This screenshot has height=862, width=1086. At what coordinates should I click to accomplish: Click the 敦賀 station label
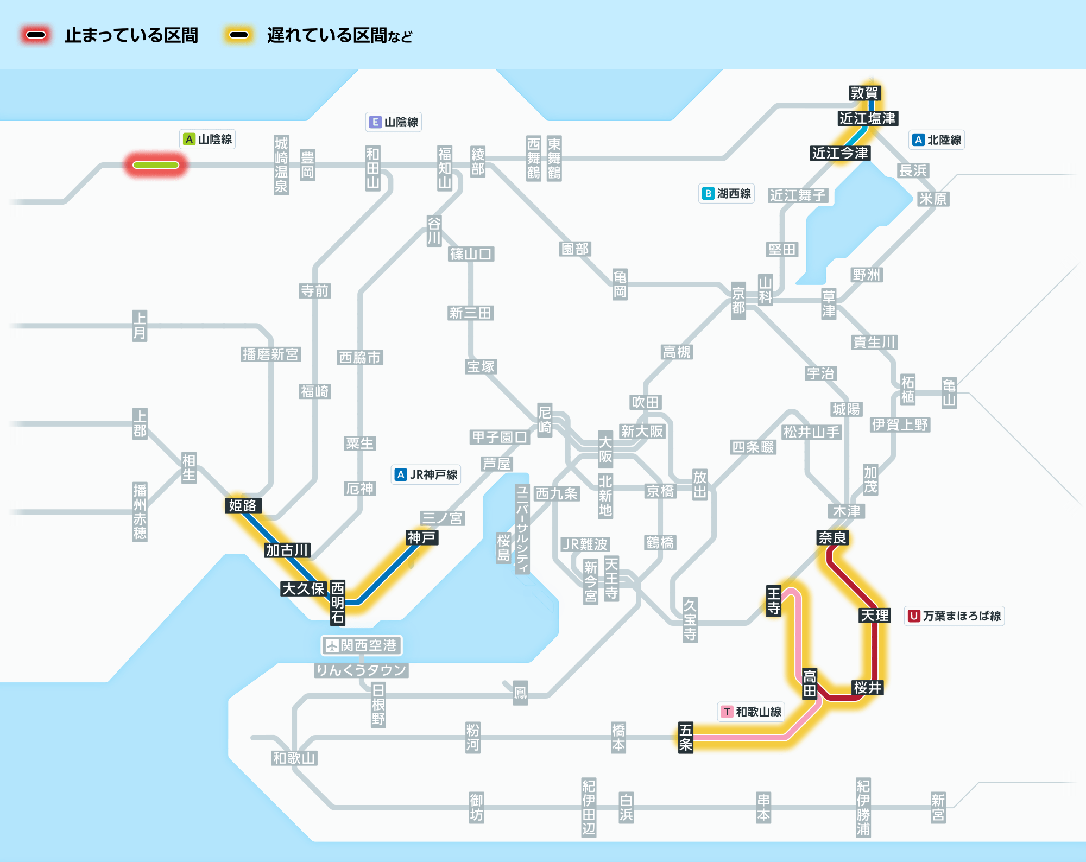click(864, 93)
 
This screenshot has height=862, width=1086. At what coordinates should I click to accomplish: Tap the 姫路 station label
click(243, 505)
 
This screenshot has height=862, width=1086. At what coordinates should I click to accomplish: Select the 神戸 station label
click(422, 537)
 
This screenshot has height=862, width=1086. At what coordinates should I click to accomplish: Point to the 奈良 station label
click(832, 537)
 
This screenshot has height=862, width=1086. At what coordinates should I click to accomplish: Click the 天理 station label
click(874, 615)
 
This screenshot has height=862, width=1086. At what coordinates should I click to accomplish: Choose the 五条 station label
click(686, 737)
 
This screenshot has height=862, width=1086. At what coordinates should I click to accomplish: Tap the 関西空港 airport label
click(362, 645)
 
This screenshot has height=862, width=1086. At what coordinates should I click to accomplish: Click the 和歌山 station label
click(294, 758)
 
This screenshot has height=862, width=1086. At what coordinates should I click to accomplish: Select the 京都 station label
click(738, 300)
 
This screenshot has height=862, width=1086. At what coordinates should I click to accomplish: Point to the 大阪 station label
click(605, 448)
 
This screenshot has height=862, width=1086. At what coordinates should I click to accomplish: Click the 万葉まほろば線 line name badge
click(954, 616)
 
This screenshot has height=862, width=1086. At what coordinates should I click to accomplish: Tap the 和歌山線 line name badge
click(751, 712)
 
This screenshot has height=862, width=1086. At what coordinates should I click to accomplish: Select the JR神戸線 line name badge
click(426, 474)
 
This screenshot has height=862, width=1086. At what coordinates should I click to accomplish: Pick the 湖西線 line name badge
click(727, 193)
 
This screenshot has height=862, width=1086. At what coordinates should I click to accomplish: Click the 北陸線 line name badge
click(937, 140)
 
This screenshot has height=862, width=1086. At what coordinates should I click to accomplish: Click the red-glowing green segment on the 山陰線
click(156, 165)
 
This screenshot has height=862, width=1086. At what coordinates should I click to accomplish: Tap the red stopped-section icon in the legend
click(36, 35)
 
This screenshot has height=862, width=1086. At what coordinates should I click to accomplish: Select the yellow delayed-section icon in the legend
click(239, 35)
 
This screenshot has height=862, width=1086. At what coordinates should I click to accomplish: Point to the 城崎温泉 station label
click(281, 165)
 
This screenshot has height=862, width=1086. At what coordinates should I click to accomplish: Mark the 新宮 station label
click(938, 808)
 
